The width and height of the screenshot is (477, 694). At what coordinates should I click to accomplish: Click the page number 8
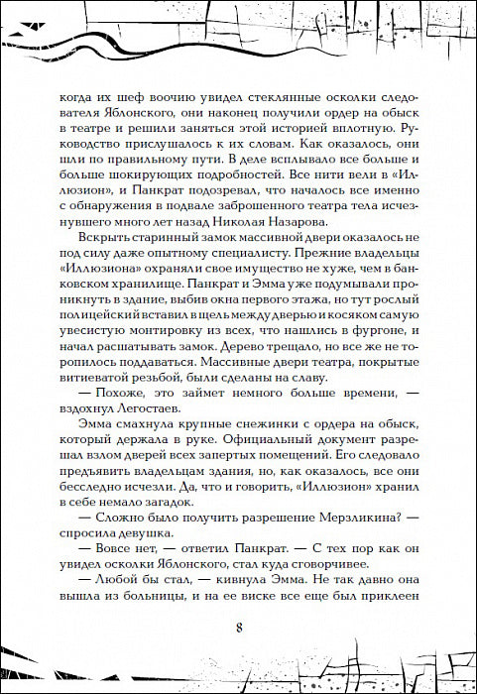tap(239, 630)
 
